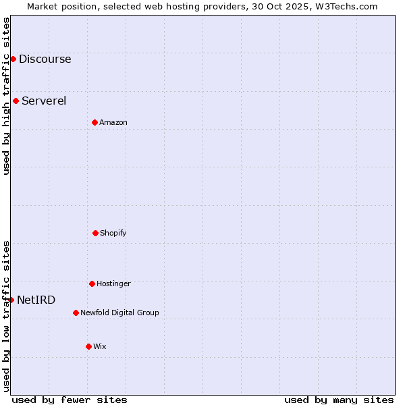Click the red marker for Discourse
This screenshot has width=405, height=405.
pos(13,59)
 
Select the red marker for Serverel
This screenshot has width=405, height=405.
pos(16,101)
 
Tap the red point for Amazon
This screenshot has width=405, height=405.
pos(94,122)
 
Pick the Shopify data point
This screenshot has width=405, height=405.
pos(95,233)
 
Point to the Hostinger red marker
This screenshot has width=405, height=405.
pos(92,283)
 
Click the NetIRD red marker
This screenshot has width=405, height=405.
pos(11,300)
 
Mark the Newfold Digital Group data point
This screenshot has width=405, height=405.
pos(76,313)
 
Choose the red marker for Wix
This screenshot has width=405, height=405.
pos(88,346)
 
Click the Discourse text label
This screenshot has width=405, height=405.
pos(45,59)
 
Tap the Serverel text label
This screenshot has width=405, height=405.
pos(44,101)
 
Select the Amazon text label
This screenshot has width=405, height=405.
pos(113,122)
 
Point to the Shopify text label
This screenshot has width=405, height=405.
pos(113,233)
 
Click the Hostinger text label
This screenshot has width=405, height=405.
pos(113,283)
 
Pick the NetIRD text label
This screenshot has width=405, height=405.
pos(36,300)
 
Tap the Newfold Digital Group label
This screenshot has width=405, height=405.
pos(119,313)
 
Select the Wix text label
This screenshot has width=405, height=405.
pos(100,346)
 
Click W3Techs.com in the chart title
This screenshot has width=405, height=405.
pos(346,6)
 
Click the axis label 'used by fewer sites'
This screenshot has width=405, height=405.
pos(70,400)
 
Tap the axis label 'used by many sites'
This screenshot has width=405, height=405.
pos(339,400)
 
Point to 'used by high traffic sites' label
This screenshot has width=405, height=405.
pos(6,96)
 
